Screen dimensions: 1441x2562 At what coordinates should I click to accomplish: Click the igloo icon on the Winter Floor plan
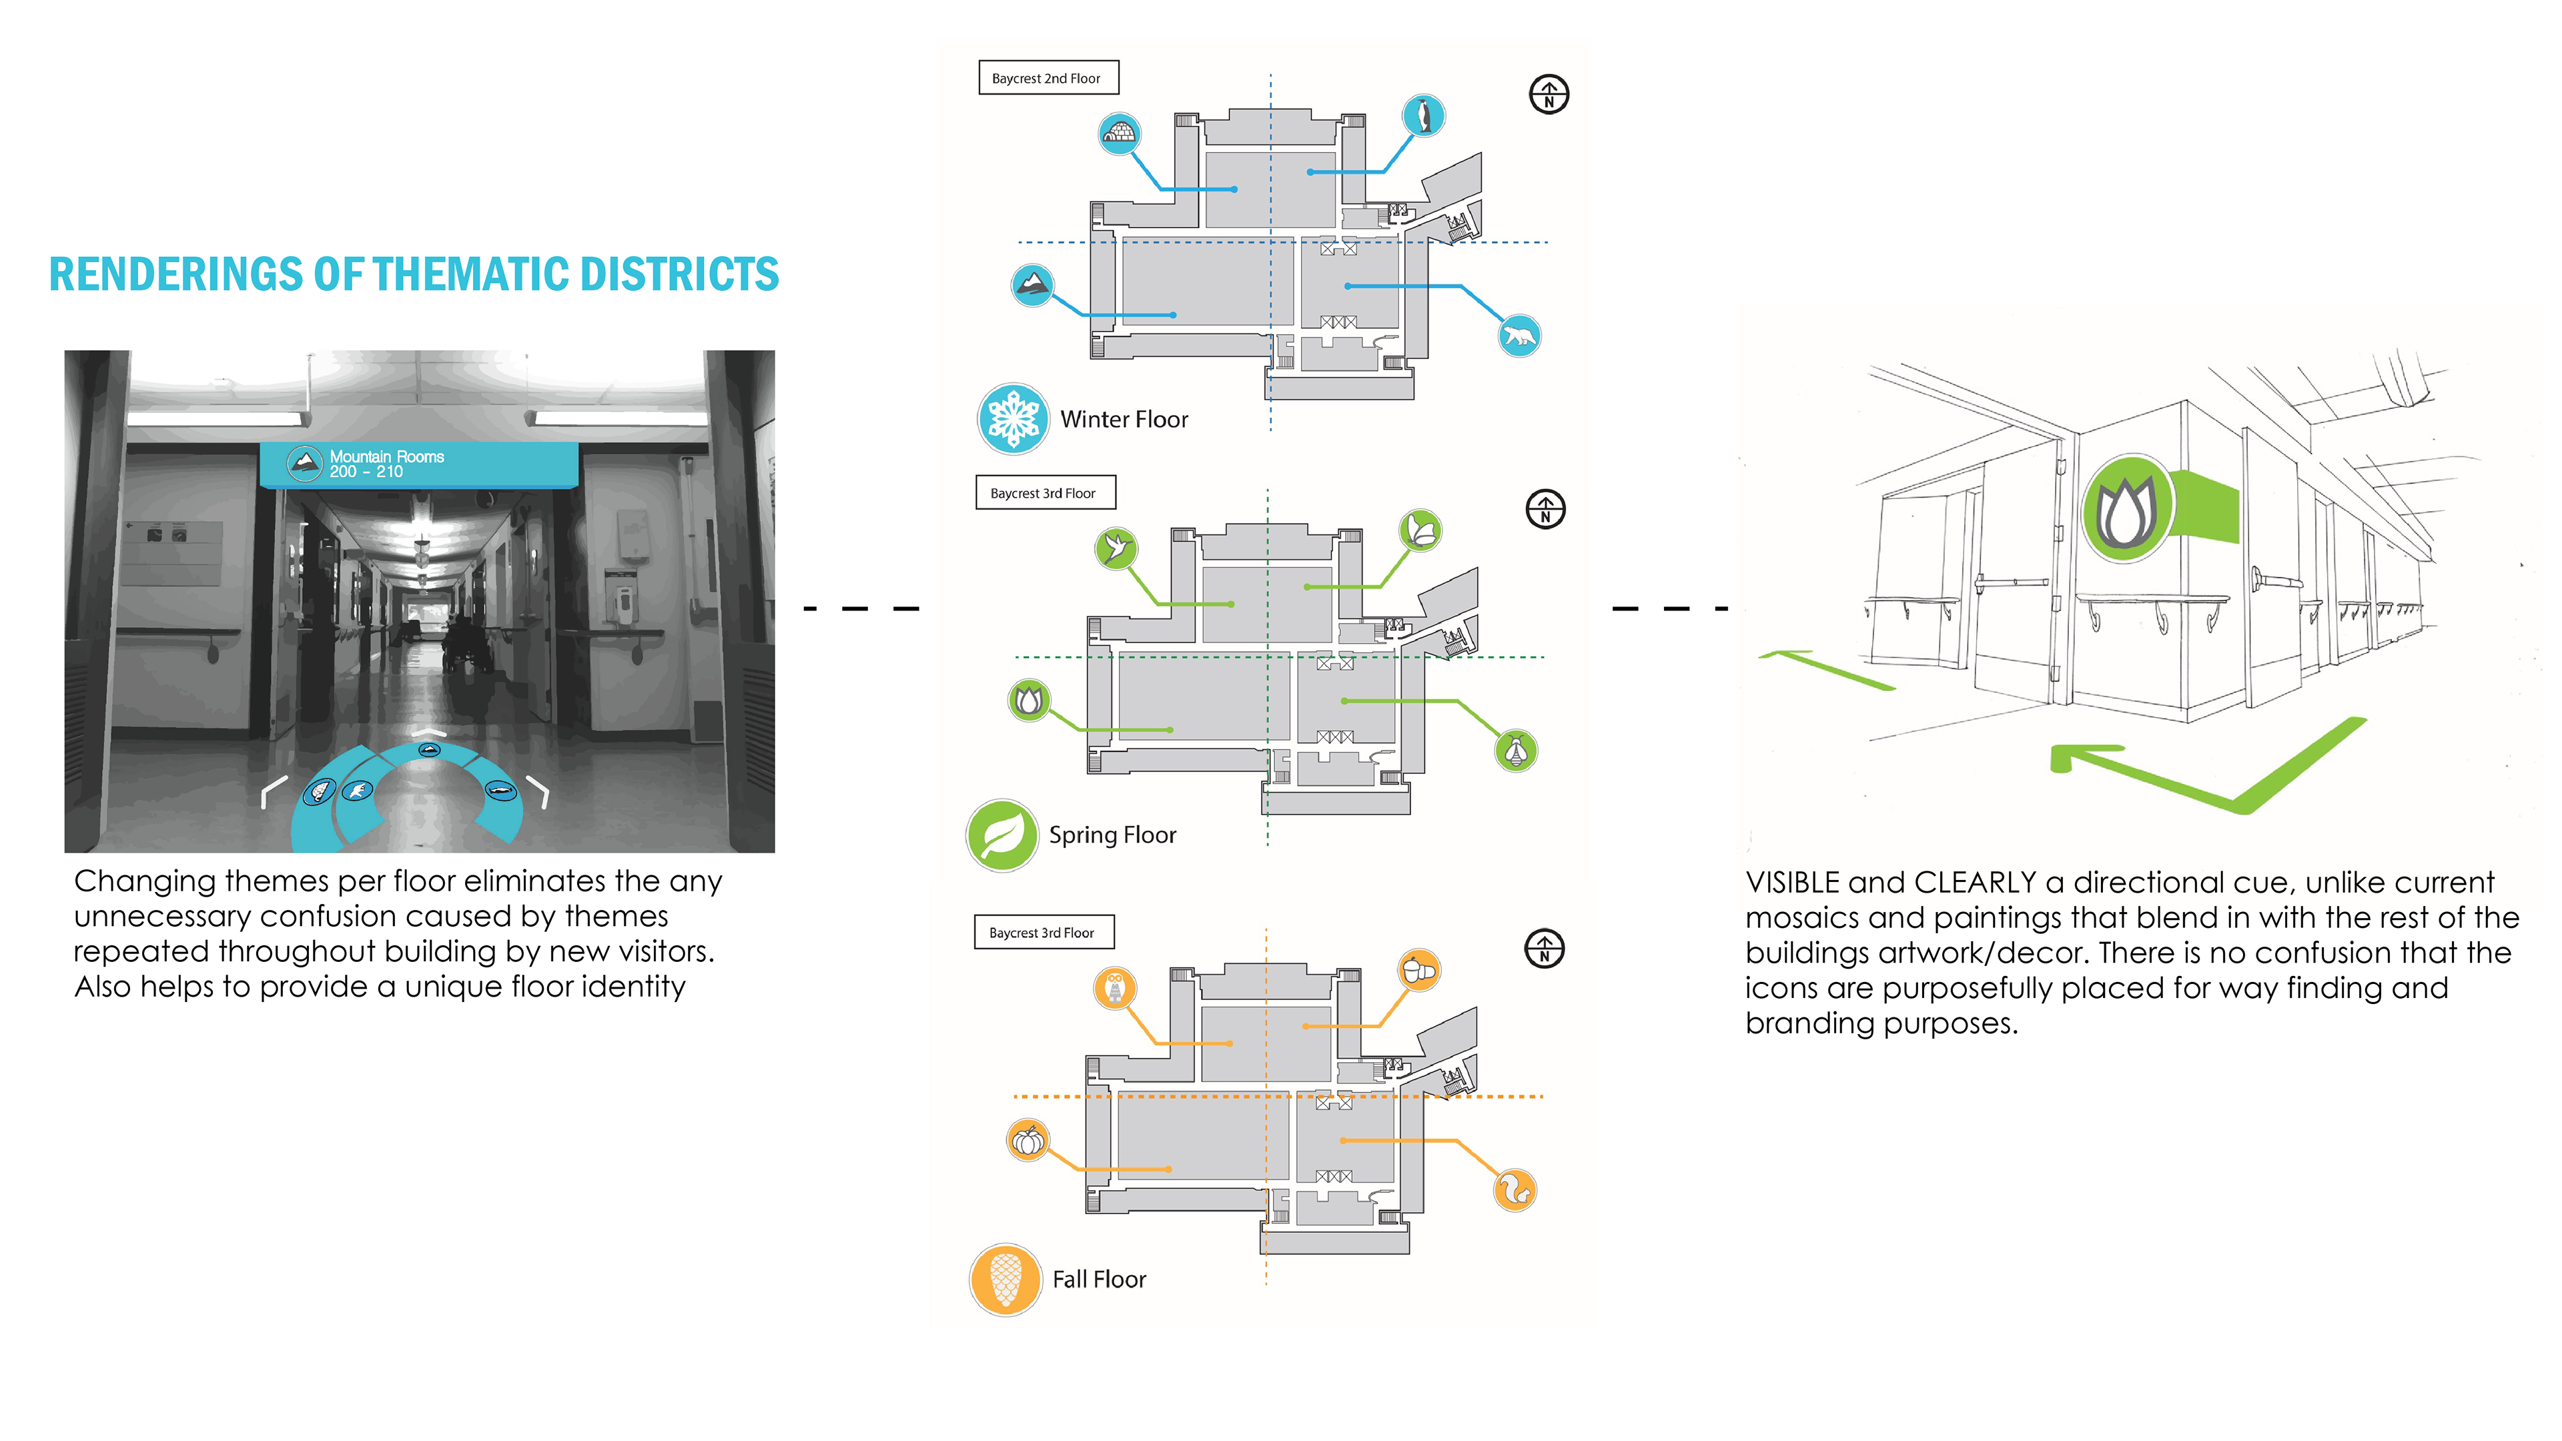pyautogui.click(x=1119, y=133)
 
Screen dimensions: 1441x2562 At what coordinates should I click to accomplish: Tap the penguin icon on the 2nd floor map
pyautogui.click(x=1423, y=115)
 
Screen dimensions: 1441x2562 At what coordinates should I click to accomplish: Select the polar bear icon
pyautogui.click(x=1519, y=336)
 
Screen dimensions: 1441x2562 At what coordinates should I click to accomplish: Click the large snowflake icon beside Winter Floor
pyautogui.click(x=1013, y=419)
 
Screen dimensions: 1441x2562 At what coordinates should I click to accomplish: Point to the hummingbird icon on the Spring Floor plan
pyautogui.click(x=1116, y=548)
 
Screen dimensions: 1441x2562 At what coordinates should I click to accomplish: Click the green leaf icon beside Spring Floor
pyautogui.click(x=1001, y=835)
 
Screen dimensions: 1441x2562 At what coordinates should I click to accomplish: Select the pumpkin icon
pyautogui.click(x=1027, y=1139)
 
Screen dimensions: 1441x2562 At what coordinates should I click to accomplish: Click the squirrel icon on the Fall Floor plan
pyautogui.click(x=1515, y=1190)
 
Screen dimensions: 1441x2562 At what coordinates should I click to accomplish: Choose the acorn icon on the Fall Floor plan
pyautogui.click(x=1419, y=969)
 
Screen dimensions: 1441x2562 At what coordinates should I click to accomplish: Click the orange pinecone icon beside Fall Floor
pyautogui.click(x=1005, y=1280)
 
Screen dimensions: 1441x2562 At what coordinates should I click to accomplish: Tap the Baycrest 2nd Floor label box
pyautogui.click(x=1048, y=77)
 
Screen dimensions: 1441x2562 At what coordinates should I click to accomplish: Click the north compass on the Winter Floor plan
pyautogui.click(x=1549, y=95)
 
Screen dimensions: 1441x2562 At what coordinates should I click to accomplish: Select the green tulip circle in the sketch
pyautogui.click(x=2126, y=508)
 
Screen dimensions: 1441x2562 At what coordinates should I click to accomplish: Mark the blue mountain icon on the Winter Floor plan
pyautogui.click(x=1032, y=286)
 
